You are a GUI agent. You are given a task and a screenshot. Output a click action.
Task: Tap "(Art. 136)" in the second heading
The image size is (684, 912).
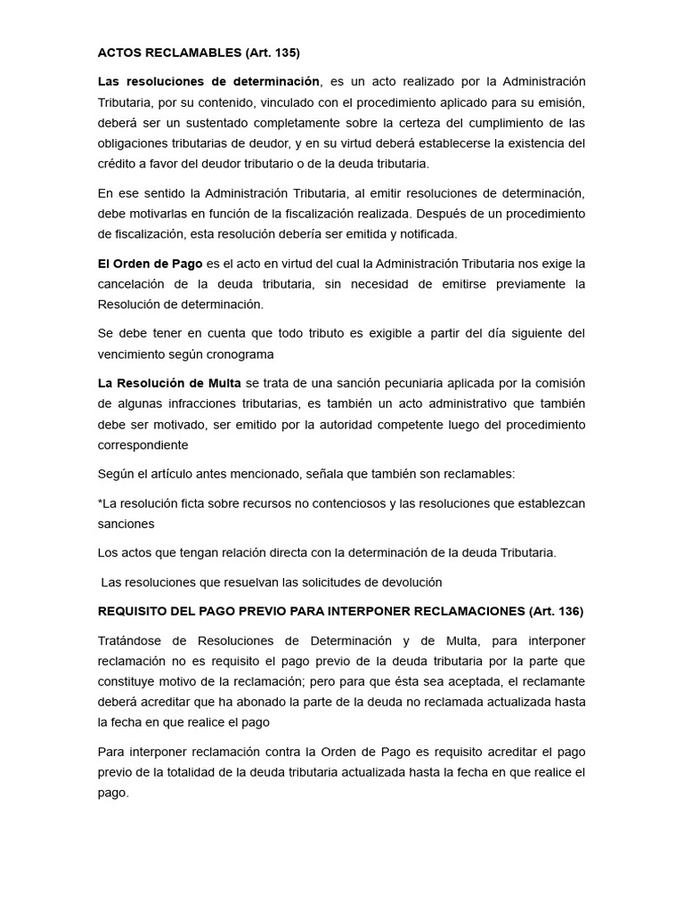(556, 611)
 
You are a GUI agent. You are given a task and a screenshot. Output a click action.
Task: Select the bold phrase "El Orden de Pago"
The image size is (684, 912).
(151, 263)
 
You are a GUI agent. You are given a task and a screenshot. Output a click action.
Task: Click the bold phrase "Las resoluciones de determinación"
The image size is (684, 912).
(208, 82)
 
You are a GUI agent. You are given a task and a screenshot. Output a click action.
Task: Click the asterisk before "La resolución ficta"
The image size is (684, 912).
(101, 503)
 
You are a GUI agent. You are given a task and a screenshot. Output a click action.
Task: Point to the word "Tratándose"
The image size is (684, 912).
(130, 641)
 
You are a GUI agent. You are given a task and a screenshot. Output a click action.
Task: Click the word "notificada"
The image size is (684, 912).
(425, 233)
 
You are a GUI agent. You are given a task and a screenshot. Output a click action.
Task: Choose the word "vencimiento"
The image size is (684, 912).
(133, 354)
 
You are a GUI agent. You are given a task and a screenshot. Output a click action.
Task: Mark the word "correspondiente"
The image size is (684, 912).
(143, 444)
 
